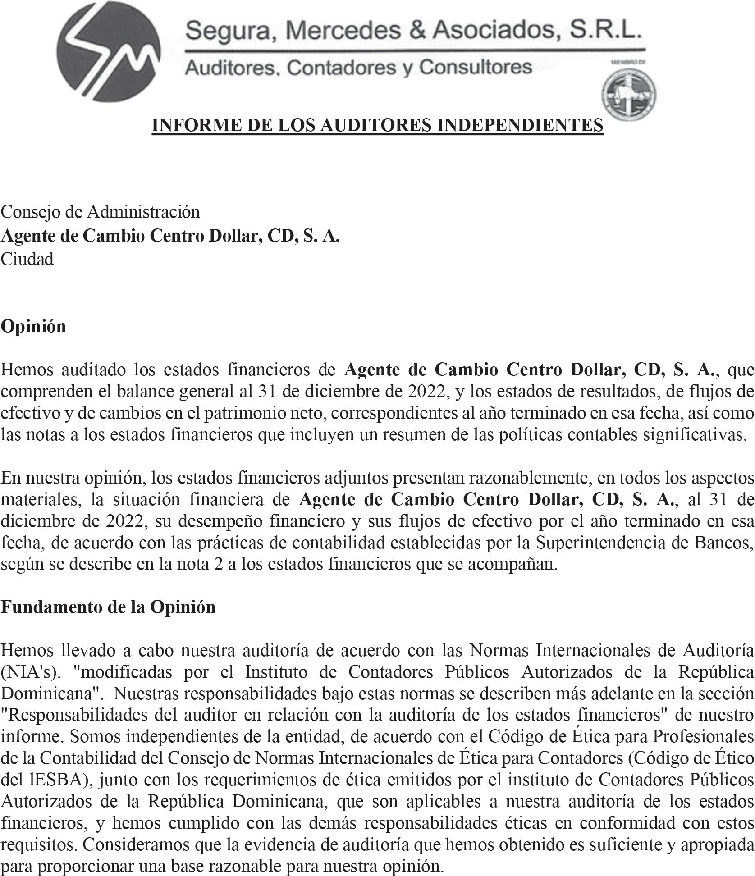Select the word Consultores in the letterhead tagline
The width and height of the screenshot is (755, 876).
[x=476, y=67]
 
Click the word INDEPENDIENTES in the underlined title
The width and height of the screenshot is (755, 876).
[x=520, y=125]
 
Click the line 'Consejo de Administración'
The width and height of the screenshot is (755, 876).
[x=100, y=211]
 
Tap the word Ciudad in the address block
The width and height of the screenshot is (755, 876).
[x=27, y=259]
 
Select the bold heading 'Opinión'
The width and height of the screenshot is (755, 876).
[x=33, y=326]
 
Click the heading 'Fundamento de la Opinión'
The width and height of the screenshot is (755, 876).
[x=108, y=607]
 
